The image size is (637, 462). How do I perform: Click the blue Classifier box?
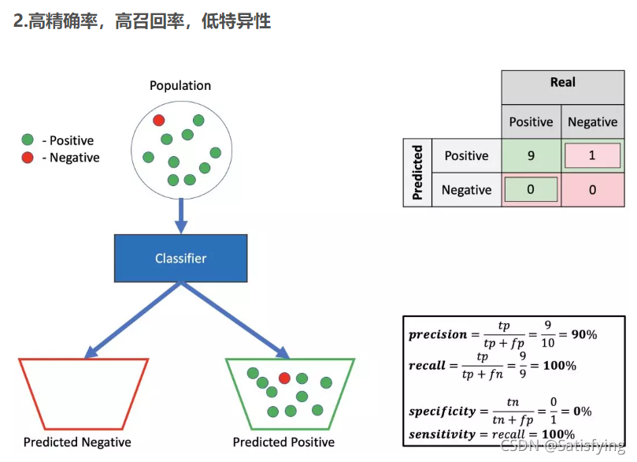[180, 258]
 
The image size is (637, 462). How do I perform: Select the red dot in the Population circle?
[158, 120]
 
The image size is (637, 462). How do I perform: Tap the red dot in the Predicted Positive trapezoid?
[284, 378]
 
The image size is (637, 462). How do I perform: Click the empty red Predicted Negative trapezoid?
[83, 393]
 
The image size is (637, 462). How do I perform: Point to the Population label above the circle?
[180, 85]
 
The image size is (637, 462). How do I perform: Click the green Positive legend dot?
[28, 140]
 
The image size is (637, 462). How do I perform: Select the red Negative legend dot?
[28, 158]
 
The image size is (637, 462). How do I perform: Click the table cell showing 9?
[531, 155]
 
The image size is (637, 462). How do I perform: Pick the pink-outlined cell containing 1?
[592, 155]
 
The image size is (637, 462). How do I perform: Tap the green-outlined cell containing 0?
[531, 190]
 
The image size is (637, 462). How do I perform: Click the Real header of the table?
[562, 83]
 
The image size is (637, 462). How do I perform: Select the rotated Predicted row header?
[417, 173]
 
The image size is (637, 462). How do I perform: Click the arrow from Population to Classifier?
[180, 214]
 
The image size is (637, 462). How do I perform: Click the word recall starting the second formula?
[427, 366]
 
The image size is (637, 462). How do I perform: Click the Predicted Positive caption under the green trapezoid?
[283, 442]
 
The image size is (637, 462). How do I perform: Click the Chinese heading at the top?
[143, 21]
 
